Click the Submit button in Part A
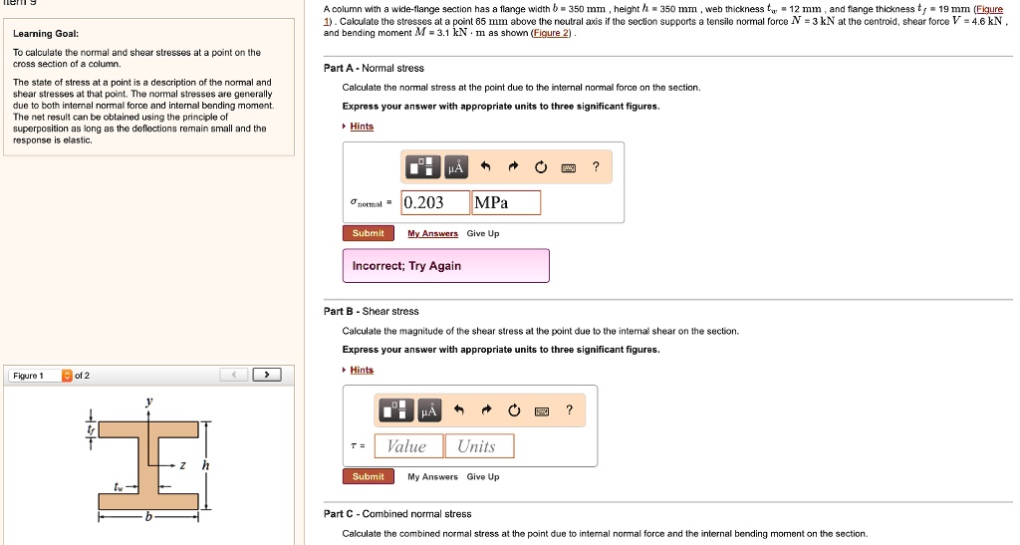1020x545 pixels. click(x=368, y=233)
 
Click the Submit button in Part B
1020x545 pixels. click(x=368, y=476)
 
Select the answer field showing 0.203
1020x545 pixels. click(x=435, y=203)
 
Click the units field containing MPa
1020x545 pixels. click(x=506, y=203)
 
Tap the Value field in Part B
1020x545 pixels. click(x=406, y=446)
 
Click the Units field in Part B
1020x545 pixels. click(x=478, y=446)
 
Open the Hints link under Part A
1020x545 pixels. click(x=362, y=127)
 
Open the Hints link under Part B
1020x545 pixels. click(x=362, y=370)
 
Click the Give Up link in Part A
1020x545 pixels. click(x=483, y=233)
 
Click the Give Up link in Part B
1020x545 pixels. click(x=483, y=476)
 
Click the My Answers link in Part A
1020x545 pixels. click(x=433, y=233)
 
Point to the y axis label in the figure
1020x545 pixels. click(x=149, y=401)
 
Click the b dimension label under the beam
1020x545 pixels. click(x=148, y=517)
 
